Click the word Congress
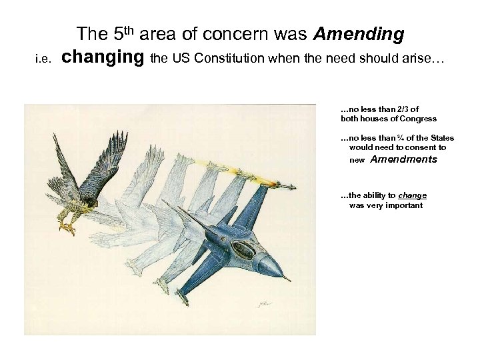417,119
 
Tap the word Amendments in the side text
403,159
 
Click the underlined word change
412,195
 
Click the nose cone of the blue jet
281,269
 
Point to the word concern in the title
251,33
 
